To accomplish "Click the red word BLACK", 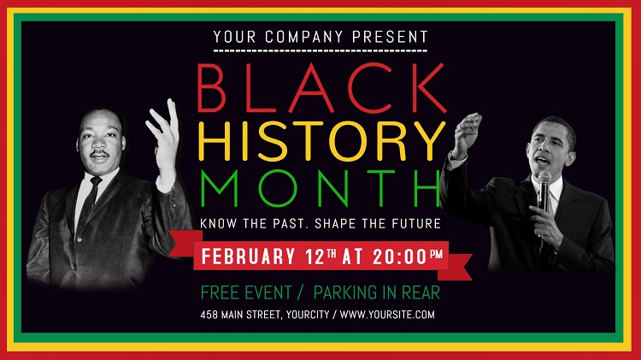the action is pos(321,87).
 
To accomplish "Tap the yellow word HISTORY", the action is pos(321,141).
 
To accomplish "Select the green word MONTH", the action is pos(320,188).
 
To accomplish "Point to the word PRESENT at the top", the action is pos(390,37).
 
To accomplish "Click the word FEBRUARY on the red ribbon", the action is pos(248,257).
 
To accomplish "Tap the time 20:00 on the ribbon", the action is pos(400,257).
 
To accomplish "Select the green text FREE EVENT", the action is pos(246,292).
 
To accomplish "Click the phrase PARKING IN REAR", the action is pos(377,292).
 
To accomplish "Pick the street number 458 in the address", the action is pos(209,315).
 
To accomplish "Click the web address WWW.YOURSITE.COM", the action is pos(387,315).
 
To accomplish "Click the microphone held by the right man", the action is pos(544,192).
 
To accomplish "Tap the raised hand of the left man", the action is pos(164,131).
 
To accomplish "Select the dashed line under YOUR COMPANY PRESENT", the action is pos(320,50).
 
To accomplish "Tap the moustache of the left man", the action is pos(99,154).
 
